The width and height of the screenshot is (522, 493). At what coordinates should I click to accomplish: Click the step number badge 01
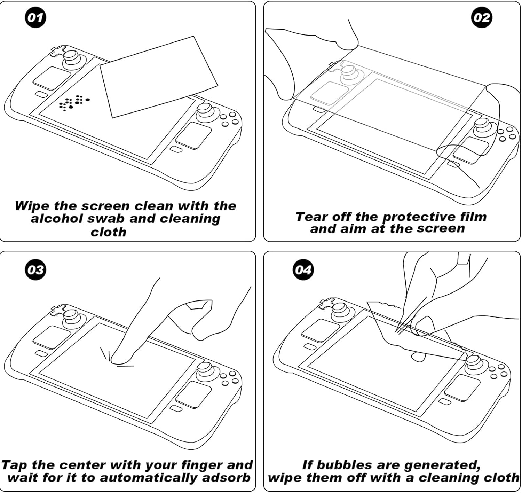(35, 17)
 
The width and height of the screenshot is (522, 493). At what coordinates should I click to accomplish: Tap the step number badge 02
(482, 17)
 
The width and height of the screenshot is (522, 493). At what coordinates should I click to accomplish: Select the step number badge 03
(35, 270)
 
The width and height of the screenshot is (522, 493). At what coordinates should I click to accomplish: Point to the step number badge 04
(303, 270)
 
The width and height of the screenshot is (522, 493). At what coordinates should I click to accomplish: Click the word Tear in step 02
(311, 217)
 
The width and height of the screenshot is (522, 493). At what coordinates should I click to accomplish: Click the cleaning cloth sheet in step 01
(158, 77)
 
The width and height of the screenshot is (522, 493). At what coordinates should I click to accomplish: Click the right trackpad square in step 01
(194, 136)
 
